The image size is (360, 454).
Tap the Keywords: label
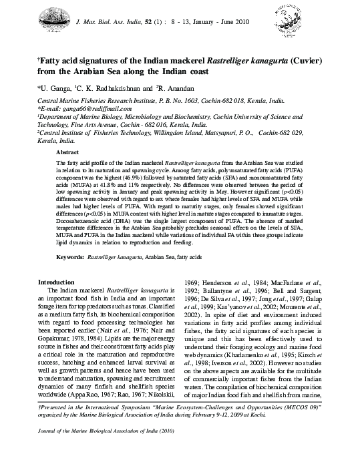(x=69, y=275)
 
